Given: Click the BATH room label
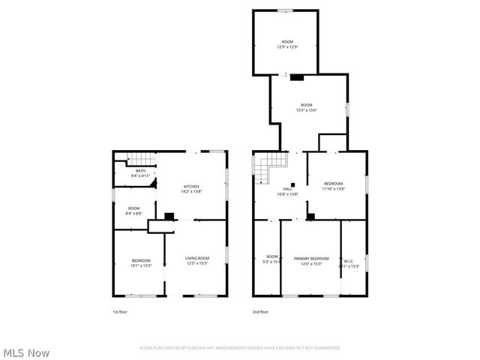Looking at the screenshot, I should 140,171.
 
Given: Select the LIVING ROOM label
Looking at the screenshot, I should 197,258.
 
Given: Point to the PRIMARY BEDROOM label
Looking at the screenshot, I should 311,258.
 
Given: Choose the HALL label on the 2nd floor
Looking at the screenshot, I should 288,189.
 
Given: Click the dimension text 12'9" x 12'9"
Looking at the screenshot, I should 287,46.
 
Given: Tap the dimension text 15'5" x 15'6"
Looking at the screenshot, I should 306,110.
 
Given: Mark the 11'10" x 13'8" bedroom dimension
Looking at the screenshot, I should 333,189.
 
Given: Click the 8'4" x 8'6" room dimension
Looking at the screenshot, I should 133,214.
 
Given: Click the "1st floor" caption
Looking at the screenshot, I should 119,311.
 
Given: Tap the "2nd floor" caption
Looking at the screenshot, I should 261,311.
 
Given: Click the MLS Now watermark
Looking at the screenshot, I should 26,352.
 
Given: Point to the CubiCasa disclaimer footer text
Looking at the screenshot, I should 240,348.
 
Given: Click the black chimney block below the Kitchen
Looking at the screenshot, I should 169,217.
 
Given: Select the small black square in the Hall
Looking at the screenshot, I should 294,184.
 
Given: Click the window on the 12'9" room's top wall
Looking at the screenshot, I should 285,10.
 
